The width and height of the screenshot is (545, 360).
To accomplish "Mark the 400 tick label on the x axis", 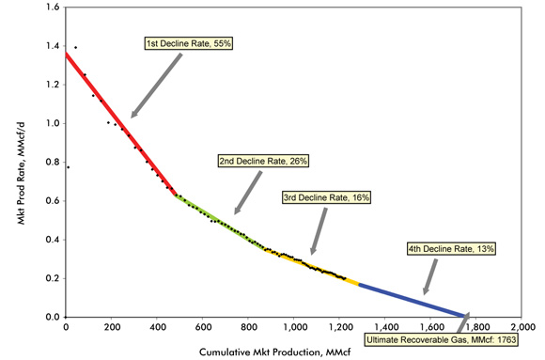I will point(156,327).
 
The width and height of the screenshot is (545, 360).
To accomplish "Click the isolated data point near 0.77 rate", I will point(68,166).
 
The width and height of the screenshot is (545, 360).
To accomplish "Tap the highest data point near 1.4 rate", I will point(75,47).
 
